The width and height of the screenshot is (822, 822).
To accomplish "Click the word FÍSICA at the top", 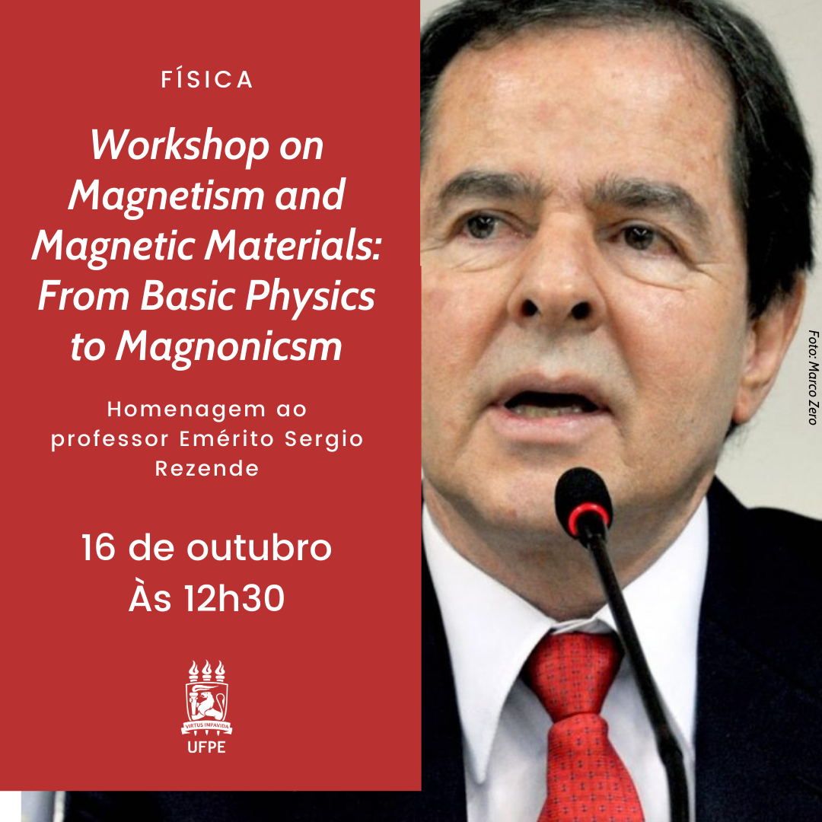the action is pyautogui.click(x=206, y=79).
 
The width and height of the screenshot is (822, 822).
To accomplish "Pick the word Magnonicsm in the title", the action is pyautogui.click(x=228, y=346).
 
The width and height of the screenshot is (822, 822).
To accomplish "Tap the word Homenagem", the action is pyautogui.click(x=186, y=409).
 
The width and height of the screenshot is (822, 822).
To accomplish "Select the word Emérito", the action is pyautogui.click(x=227, y=438).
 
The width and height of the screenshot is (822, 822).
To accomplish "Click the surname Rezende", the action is pyautogui.click(x=207, y=468).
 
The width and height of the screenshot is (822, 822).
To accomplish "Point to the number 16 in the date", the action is pyautogui.click(x=98, y=547).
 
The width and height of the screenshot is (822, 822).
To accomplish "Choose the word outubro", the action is pyautogui.click(x=259, y=547).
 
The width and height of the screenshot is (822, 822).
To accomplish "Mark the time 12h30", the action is pyautogui.click(x=234, y=598).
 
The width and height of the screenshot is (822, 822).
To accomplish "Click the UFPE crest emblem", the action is pyautogui.click(x=206, y=698).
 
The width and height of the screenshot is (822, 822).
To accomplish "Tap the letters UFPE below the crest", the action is pyautogui.click(x=206, y=747).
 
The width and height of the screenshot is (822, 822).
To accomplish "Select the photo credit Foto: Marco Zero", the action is pyautogui.click(x=813, y=377).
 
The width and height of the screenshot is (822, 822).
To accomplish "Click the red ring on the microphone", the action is pyautogui.click(x=589, y=518).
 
